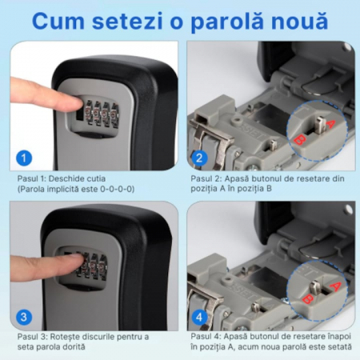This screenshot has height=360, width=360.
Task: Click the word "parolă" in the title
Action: [227, 22]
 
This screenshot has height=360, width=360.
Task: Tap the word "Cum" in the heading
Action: [58, 21]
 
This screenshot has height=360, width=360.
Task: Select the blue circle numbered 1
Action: [24, 158]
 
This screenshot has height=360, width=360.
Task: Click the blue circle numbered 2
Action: [199, 158]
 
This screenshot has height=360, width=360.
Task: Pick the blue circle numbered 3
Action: [24, 317]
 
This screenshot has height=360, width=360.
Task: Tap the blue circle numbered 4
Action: [199, 317]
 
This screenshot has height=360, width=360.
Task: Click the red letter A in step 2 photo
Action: [330, 124]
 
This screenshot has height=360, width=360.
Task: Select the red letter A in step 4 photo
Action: [335, 286]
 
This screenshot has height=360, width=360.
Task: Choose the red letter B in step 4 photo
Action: [307, 298]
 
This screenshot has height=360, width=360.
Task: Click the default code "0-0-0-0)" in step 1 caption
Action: [117, 189]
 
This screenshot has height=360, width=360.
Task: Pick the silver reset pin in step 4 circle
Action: [315, 287]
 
